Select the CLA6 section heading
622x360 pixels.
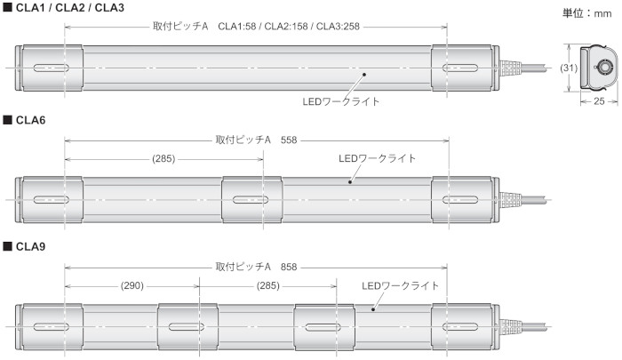pyautogui.click(x=28, y=119)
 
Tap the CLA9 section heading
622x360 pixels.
pyautogui.click(x=28, y=244)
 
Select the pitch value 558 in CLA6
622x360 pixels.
pyautogui.click(x=290, y=140)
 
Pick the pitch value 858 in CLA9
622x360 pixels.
pyautogui.click(x=290, y=266)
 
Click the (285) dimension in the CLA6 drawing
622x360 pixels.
pyautogui.click(x=164, y=159)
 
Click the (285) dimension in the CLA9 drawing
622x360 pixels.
pyautogui.click(x=268, y=286)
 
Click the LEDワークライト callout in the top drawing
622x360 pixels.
pyautogui.click(x=341, y=101)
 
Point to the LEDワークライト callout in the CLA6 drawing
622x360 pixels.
pyautogui.click(x=379, y=158)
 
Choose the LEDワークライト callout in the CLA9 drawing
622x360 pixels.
pyautogui.click(x=401, y=285)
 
